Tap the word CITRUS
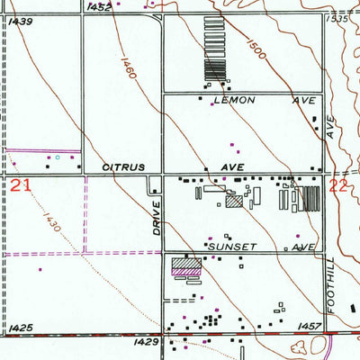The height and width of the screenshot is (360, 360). (122, 167)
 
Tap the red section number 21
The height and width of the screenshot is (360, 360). (22, 186)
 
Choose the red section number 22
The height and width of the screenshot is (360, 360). (339, 186)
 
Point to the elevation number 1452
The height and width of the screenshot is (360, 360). (102, 6)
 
